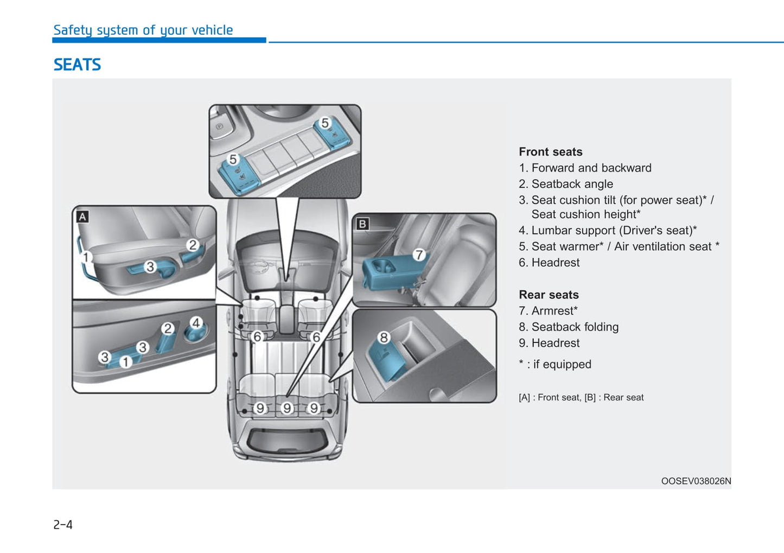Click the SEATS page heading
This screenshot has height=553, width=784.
[x=77, y=65]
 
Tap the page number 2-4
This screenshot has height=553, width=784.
[x=63, y=524]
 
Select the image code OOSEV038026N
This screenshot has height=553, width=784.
[x=696, y=481]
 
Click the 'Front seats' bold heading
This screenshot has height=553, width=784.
[x=550, y=152]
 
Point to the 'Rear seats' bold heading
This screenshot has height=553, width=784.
[x=549, y=295]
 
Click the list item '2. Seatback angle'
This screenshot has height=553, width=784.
[x=566, y=184]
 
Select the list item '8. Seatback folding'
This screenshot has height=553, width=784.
[x=569, y=327]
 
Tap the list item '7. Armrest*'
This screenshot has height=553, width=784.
[x=548, y=311]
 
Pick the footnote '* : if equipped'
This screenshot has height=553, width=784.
[x=555, y=364]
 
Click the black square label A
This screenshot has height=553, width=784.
[x=82, y=217]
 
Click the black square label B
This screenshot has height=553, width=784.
[x=362, y=224]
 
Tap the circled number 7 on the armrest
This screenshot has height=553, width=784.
[x=419, y=255]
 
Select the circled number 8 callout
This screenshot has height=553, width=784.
[x=384, y=338]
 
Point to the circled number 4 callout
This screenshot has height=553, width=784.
[x=196, y=323]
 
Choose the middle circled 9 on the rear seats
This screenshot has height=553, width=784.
[x=287, y=408]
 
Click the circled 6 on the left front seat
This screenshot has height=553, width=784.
[x=258, y=336]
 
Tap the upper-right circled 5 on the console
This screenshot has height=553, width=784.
[x=325, y=123]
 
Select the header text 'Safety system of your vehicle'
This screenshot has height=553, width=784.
[x=143, y=30]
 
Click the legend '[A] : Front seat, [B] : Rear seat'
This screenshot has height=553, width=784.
[x=581, y=397]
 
